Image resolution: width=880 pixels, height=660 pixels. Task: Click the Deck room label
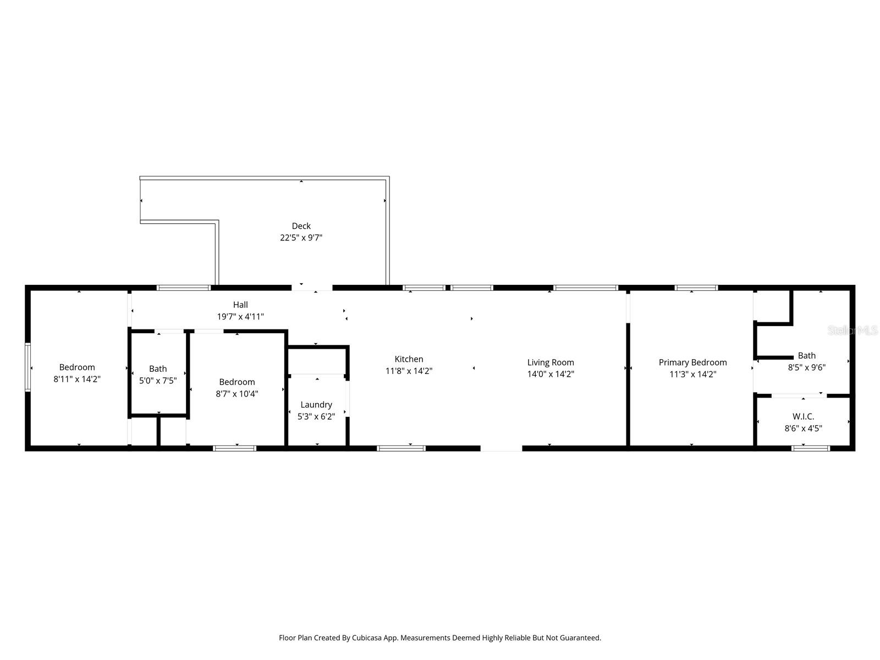[301, 226]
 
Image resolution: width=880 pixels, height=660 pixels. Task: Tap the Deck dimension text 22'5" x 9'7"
[301, 238]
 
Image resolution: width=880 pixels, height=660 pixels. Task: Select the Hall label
[240, 305]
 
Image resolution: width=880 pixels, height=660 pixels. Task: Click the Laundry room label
[316, 405]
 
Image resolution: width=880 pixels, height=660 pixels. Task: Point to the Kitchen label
[409, 359]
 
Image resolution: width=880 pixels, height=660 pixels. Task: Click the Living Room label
[551, 362]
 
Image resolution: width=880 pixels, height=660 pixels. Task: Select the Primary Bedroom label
[692, 362]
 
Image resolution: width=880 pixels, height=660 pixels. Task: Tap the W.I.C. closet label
[803, 416]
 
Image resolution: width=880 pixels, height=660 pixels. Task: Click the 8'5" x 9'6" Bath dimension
[806, 367]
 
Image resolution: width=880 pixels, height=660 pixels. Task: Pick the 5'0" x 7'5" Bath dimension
[158, 381]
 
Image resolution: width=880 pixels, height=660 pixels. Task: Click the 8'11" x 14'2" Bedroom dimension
[77, 379]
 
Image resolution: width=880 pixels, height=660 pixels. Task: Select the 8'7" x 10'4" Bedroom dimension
[237, 394]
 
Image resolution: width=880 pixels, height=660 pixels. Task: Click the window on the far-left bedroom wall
[28, 367]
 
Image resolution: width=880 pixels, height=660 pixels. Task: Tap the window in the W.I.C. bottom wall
[810, 448]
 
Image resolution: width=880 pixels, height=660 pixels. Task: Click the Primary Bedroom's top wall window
[696, 288]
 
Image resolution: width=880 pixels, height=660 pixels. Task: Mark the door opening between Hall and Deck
[312, 288]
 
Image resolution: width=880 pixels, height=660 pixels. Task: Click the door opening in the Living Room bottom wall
[501, 448]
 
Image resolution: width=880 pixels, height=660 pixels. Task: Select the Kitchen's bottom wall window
[401, 448]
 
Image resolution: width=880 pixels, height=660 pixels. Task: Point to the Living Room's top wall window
[586, 288]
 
